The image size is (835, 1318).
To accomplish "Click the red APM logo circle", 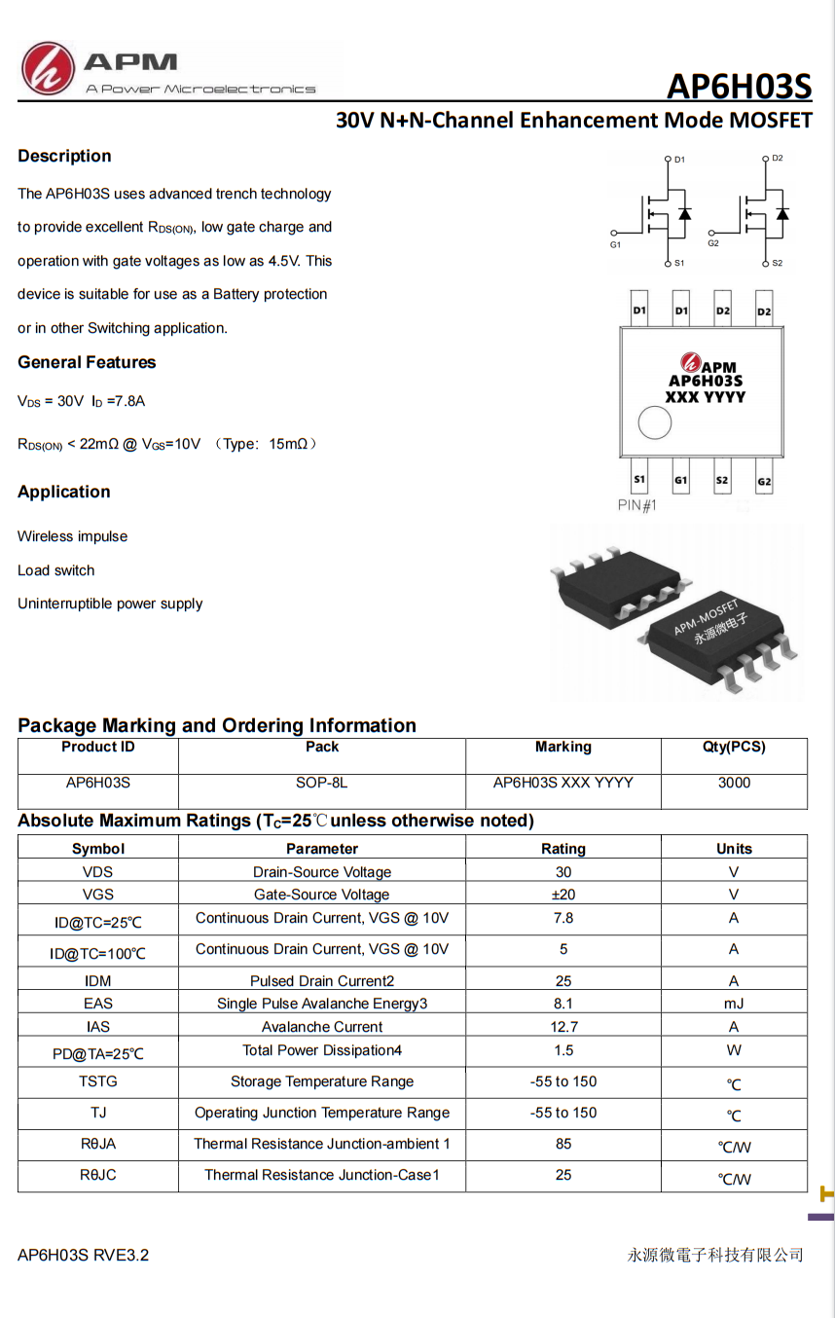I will point(48,68).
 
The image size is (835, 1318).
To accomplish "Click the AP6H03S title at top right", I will point(739,88).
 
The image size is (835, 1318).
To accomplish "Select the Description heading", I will point(64,156).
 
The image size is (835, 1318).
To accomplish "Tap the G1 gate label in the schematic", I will point(615,244).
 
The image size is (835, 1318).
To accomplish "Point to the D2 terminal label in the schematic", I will point(777,158).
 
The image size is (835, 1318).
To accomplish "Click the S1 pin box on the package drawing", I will point(639,479).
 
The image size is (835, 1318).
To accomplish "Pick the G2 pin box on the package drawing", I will point(764,481).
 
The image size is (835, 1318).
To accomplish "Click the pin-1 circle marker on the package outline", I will point(654,423).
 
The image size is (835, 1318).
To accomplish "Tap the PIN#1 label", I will point(637,505).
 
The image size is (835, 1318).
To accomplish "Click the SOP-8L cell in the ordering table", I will point(322,783).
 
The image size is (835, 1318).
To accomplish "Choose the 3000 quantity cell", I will point(734,783).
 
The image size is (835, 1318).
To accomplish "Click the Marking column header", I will point(563,747).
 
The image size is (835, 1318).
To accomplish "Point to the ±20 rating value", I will point(563,895).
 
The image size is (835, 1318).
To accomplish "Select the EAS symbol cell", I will point(97,1003).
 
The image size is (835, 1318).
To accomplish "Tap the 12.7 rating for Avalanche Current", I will point(563,1026).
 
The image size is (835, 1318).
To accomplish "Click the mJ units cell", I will point(734,1003).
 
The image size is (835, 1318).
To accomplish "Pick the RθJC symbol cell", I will point(97,1175).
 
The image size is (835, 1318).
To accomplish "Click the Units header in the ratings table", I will point(734,849).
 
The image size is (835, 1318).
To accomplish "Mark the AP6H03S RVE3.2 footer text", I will point(84,1255).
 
